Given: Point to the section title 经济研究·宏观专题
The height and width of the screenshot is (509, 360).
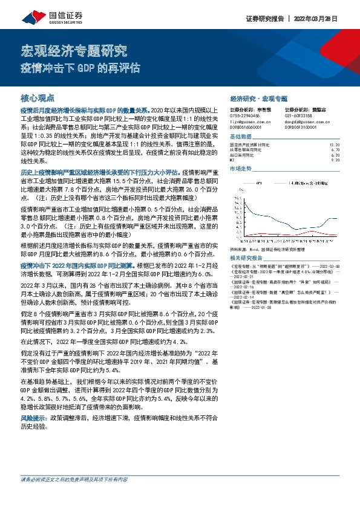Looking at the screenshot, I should [259, 97].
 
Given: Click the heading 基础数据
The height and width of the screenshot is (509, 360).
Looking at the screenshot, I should [242, 137].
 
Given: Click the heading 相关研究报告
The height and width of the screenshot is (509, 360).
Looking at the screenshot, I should [246, 257].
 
